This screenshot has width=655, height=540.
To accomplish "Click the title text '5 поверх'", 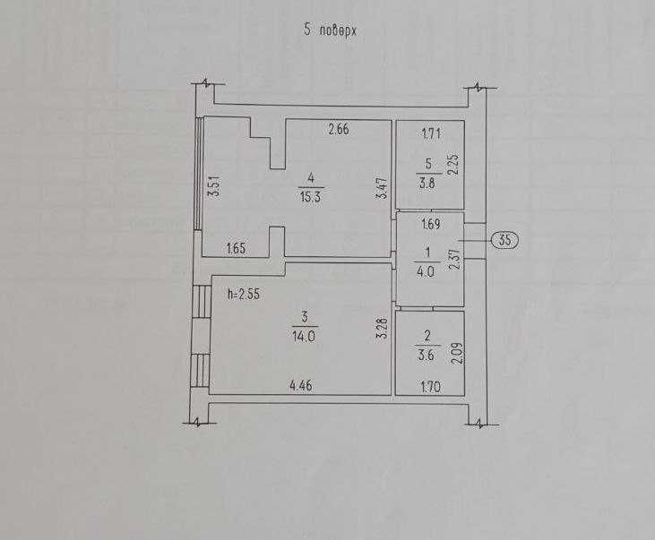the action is [x=330, y=30].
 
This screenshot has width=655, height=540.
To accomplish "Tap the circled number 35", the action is [x=504, y=240].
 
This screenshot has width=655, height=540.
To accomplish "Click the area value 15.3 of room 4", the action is [x=310, y=197].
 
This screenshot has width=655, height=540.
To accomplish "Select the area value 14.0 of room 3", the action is [x=304, y=336].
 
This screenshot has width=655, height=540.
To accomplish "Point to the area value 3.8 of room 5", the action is [x=427, y=184].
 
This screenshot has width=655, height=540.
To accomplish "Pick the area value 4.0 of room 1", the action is [x=426, y=272].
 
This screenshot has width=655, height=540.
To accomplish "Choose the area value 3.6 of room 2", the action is [x=427, y=356].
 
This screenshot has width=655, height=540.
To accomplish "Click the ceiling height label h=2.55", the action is [x=244, y=294].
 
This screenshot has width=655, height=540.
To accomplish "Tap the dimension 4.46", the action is [x=301, y=385].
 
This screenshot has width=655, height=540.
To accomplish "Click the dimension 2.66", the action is [x=339, y=130].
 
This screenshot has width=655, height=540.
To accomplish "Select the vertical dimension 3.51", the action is [x=214, y=186].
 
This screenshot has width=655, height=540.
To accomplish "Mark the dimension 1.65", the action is [x=236, y=248].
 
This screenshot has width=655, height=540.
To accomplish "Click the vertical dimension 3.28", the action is [x=383, y=329].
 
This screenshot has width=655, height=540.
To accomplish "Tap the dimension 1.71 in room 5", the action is [x=431, y=134].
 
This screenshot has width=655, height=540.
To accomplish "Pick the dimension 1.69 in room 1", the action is [x=431, y=224].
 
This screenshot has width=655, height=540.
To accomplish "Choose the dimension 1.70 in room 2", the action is [x=431, y=387].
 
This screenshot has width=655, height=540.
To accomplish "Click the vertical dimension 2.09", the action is [x=458, y=353].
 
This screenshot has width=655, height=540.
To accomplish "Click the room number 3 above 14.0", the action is [x=305, y=317].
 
